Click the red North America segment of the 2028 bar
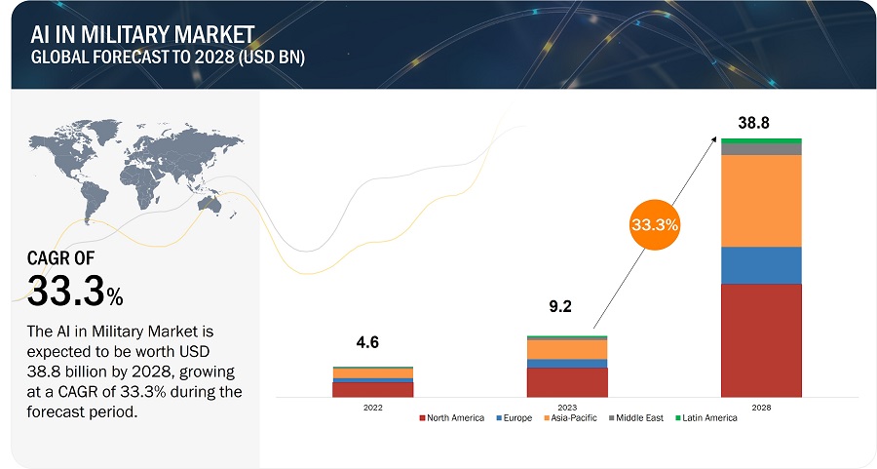[x=761, y=340]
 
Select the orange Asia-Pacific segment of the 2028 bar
[x=761, y=201]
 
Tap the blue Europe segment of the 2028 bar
[x=761, y=265]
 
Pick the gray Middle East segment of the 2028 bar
[x=761, y=149]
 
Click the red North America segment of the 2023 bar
[x=566, y=382]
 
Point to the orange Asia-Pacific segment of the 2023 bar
[x=566, y=349]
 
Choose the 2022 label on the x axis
[x=372, y=407]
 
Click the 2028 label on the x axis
[x=761, y=407]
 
